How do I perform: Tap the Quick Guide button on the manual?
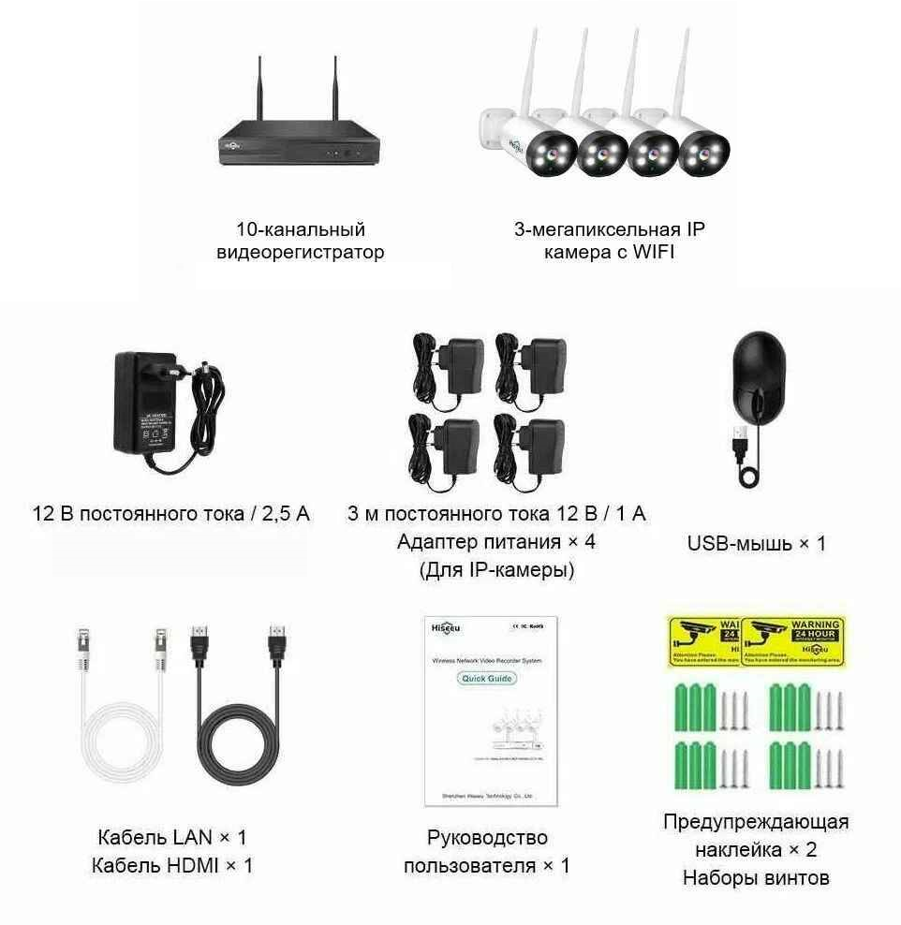[488, 678]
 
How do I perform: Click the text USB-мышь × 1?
[757, 543]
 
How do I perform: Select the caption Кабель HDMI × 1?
[172, 865]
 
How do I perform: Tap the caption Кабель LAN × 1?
[172, 837]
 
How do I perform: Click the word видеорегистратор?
[300, 252]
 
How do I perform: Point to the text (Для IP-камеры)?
[496, 569]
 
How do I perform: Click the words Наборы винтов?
[756, 878]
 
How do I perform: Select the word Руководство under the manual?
[487, 837]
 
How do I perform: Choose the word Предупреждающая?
[756, 822]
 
